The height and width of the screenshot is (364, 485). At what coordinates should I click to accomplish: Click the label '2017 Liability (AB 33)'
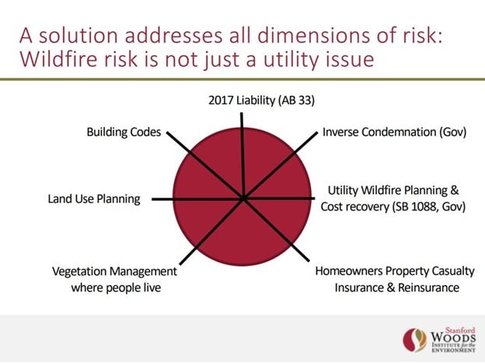coord(261,100)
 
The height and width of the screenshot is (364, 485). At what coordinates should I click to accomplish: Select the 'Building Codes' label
coord(124,132)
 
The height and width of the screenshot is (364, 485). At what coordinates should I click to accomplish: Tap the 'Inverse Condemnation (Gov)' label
coord(394,132)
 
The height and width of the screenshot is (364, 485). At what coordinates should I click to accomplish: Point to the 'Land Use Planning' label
coord(94,199)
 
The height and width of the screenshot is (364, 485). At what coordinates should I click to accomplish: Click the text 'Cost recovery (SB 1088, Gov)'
coord(393,206)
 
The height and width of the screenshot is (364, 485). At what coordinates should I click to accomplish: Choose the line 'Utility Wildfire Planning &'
coord(393,190)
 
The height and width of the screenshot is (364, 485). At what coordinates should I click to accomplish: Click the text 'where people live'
coord(116,288)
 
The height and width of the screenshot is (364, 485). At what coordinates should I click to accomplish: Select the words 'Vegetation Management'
coord(114,271)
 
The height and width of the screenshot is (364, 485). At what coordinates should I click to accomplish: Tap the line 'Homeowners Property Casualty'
coord(395,271)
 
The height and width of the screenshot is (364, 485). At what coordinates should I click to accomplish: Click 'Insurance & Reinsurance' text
coord(397,288)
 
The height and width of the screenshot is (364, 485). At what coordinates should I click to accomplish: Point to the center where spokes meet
coord(244,198)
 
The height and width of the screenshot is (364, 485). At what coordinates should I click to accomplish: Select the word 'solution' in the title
coord(79,35)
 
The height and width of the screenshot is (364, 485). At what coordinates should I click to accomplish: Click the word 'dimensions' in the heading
coord(314,35)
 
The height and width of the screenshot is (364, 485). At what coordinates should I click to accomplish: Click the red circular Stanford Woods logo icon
coord(415,340)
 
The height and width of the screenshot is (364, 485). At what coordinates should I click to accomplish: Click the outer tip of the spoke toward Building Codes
coord(167,132)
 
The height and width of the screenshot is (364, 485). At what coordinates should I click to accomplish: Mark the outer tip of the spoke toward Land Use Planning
coord(152,199)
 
